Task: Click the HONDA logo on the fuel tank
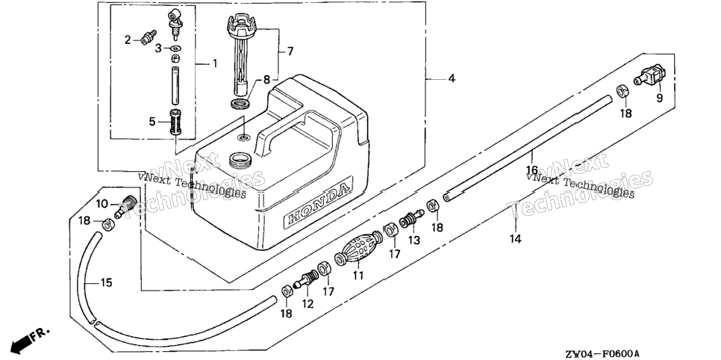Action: coord(318,202)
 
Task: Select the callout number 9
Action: coord(659,98)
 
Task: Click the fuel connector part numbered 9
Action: coord(651,75)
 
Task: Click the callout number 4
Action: coord(452,78)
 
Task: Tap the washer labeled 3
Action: coord(175,48)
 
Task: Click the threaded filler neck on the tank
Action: coord(241,160)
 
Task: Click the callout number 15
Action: coord(106,282)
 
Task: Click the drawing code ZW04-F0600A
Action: coord(602,353)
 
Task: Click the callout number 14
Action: coord(516,239)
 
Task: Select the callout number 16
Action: coord(532,170)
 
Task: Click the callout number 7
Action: coord(290,51)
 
